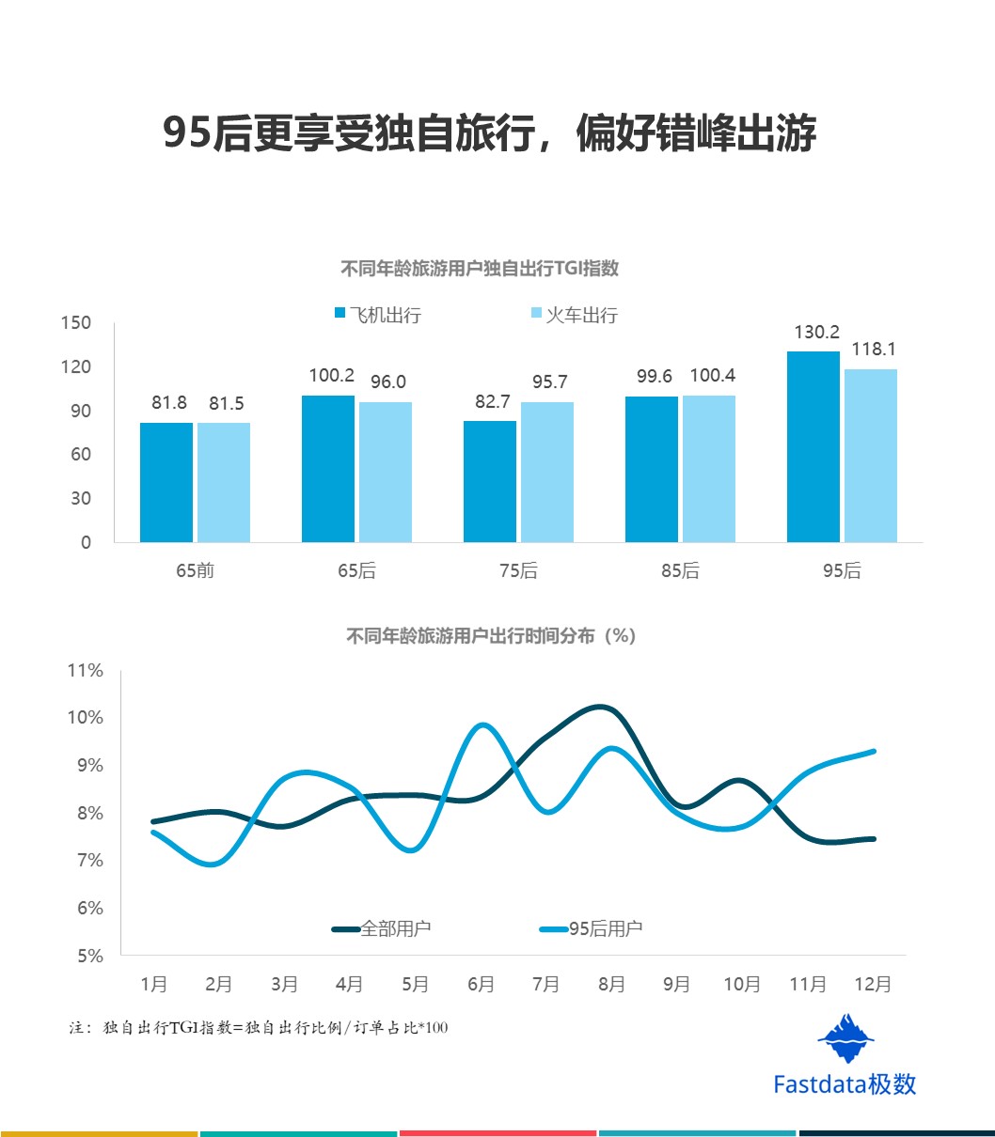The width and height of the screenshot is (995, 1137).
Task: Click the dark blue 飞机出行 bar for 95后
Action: [x=813, y=446]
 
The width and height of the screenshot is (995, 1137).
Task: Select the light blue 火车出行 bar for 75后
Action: [x=547, y=472]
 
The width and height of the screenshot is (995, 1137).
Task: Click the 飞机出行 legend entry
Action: [x=378, y=315]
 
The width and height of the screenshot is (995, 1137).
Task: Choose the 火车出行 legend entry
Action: [x=575, y=315]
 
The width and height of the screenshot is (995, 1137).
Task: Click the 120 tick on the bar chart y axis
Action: [x=76, y=366]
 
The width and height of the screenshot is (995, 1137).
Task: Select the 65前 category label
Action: [x=194, y=570]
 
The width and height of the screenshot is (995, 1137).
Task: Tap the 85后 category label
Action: [x=680, y=570]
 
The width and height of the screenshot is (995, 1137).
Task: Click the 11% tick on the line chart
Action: [x=85, y=671]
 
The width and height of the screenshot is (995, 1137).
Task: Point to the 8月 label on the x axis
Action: [x=611, y=984]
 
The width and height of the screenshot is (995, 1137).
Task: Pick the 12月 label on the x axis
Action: [x=873, y=984]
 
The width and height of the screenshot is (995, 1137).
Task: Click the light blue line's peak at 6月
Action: [x=482, y=724]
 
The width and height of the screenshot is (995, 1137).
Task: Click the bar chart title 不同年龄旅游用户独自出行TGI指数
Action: [x=479, y=269]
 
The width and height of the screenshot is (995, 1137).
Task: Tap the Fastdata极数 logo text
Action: [x=844, y=1083]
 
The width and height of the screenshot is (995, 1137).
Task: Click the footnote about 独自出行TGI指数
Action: [x=259, y=1028]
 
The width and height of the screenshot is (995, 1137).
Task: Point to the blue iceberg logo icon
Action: [x=845, y=1038]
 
